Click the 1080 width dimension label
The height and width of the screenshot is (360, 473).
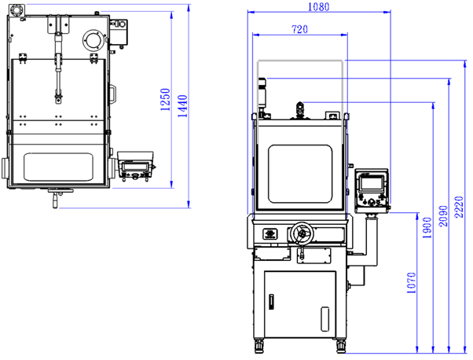[x=318, y=6]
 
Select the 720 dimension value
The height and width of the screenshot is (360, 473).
[x=299, y=29]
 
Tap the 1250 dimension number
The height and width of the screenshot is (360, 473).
[x=165, y=100]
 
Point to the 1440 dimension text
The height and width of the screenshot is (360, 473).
[x=182, y=106]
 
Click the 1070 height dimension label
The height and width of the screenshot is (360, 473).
[x=411, y=283]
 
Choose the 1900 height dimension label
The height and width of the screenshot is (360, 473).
[x=427, y=227]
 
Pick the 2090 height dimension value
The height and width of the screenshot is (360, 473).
[x=443, y=216]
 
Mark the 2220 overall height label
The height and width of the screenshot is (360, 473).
[x=459, y=207]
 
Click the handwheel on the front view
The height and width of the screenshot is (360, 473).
[x=302, y=233]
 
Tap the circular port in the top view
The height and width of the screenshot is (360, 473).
[x=94, y=40]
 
